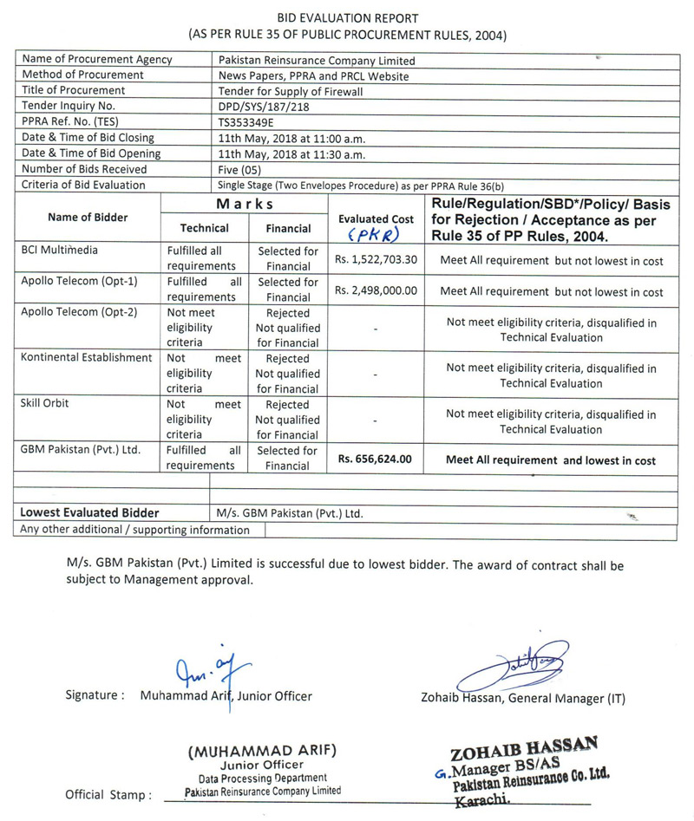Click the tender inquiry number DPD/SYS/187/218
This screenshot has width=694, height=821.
click(x=265, y=105)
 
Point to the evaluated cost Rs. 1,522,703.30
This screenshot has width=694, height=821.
click(x=376, y=259)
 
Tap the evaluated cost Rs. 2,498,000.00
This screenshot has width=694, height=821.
click(x=376, y=290)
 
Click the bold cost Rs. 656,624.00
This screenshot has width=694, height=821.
click(x=375, y=459)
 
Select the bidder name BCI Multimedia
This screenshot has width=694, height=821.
click(x=59, y=251)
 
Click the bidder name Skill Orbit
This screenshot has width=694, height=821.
click(x=45, y=404)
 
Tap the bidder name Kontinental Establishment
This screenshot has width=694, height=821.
click(x=86, y=358)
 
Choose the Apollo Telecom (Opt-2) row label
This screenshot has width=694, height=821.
click(x=76, y=312)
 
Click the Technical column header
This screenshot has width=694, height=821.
click(x=204, y=228)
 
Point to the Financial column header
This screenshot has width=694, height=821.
click(x=288, y=228)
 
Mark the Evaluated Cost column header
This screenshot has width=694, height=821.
click(x=376, y=219)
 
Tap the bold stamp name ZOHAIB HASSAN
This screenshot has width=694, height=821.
click(x=512, y=746)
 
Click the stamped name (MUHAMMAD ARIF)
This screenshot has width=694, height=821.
click(x=263, y=750)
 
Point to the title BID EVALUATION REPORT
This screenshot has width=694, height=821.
click(x=347, y=18)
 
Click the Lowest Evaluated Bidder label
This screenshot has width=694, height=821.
click(x=89, y=512)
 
